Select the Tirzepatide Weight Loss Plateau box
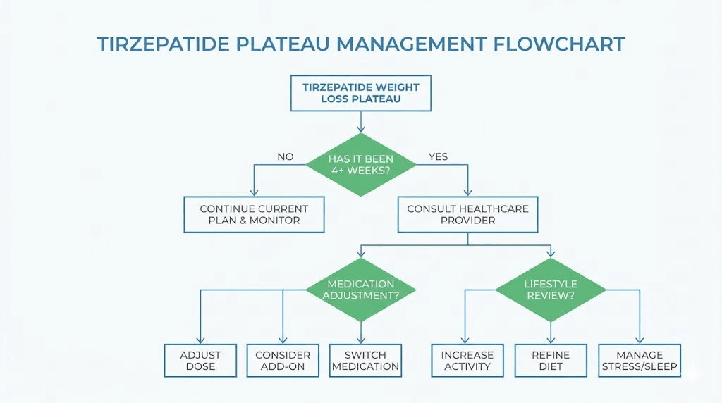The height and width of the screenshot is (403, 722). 360,93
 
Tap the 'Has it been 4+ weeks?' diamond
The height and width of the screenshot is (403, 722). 360,164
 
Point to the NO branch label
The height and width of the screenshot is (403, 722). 286,156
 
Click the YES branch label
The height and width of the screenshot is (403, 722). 438,156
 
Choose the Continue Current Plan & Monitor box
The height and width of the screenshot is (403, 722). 254,215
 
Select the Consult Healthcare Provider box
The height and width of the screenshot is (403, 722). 467,215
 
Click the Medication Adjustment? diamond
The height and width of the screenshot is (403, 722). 360,290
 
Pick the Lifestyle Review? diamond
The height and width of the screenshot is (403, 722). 551,290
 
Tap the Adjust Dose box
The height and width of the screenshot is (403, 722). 200,361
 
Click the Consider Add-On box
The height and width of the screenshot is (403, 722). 283,361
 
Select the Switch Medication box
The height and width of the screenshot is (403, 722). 365,361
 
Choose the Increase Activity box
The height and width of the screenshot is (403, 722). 467,361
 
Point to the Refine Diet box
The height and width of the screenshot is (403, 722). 551,361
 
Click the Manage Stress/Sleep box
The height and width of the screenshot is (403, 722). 640,361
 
